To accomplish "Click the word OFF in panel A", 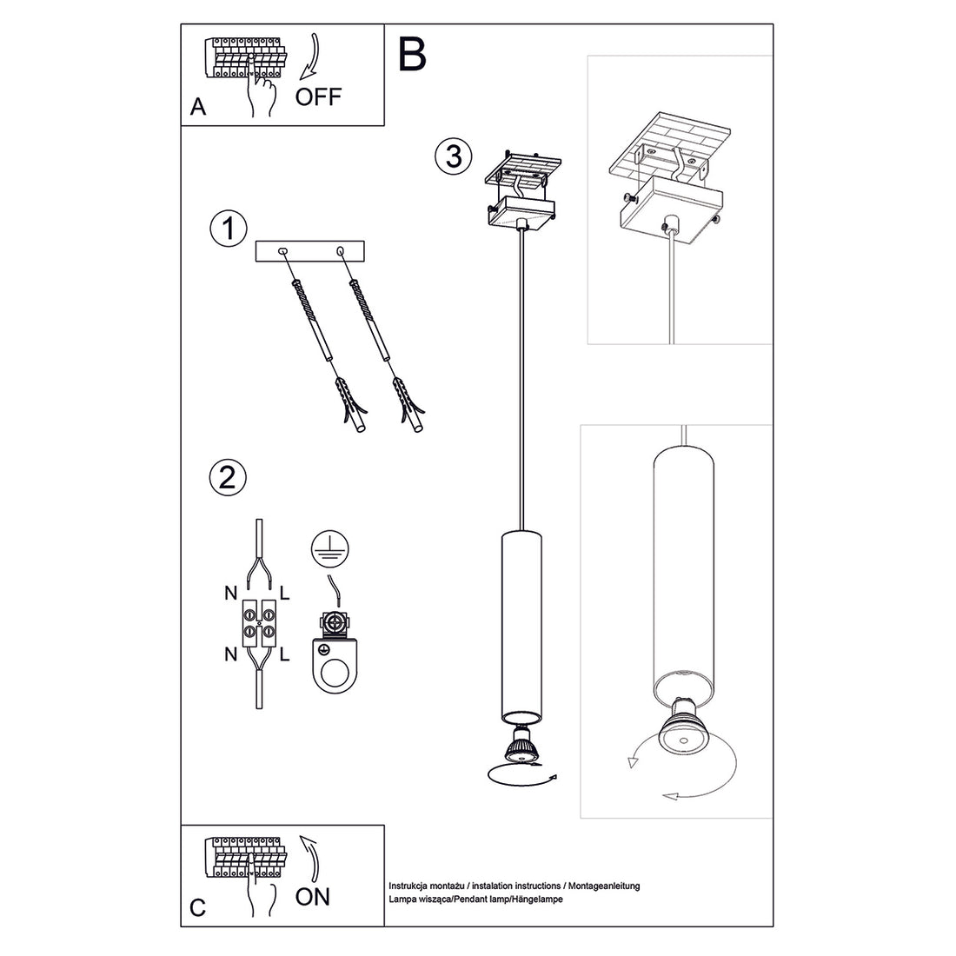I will tap(319, 96).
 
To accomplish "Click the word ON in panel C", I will tap(313, 896).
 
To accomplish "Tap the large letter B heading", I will tap(414, 54).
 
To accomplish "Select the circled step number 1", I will tap(228, 229).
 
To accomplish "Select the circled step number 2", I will tap(228, 478).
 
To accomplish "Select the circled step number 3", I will tap(453, 156).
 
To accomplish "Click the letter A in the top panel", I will tap(198, 108).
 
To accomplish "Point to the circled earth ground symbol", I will tap(332, 548).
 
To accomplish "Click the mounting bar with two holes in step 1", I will tap(310, 252).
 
